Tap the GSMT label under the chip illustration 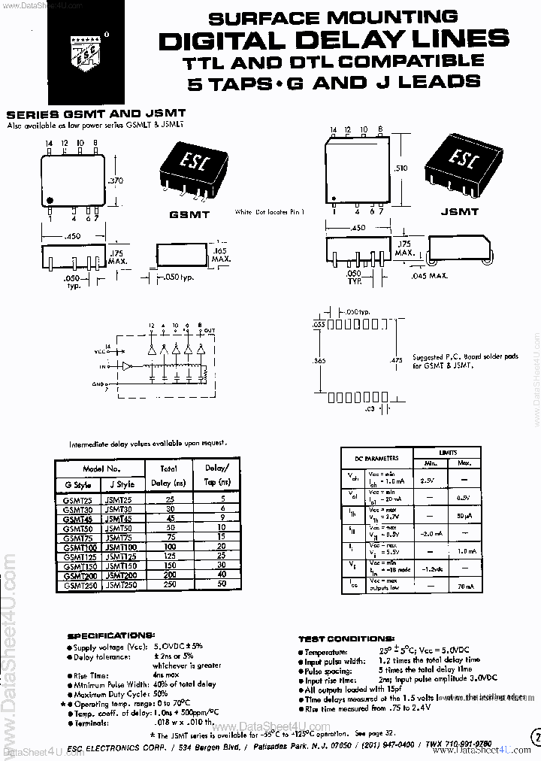click(189, 214)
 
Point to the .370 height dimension click(116, 180)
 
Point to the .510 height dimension click(400, 168)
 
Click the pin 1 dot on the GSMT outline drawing click(50, 200)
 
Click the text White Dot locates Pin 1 click(270, 212)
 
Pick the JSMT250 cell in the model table click(121, 584)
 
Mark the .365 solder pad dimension click(319, 361)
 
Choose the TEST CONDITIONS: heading click(342, 639)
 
